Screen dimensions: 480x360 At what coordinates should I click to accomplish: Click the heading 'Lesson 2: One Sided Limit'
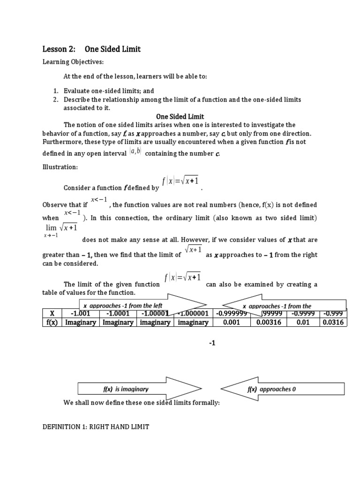(91, 49)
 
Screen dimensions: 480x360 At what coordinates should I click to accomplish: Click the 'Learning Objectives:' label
(73, 62)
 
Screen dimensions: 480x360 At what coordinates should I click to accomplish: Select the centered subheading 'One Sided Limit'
(180, 117)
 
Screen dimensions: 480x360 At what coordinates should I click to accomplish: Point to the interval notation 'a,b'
(135, 152)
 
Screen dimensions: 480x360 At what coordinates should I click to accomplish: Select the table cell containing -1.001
(80, 314)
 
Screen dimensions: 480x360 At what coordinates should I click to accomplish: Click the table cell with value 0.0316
(333, 322)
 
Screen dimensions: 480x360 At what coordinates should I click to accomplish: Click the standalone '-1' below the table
(212, 344)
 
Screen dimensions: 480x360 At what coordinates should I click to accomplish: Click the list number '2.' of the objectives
(55, 100)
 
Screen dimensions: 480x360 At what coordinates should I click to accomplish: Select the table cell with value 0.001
(232, 322)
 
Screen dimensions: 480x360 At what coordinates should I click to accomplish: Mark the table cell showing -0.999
(333, 314)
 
